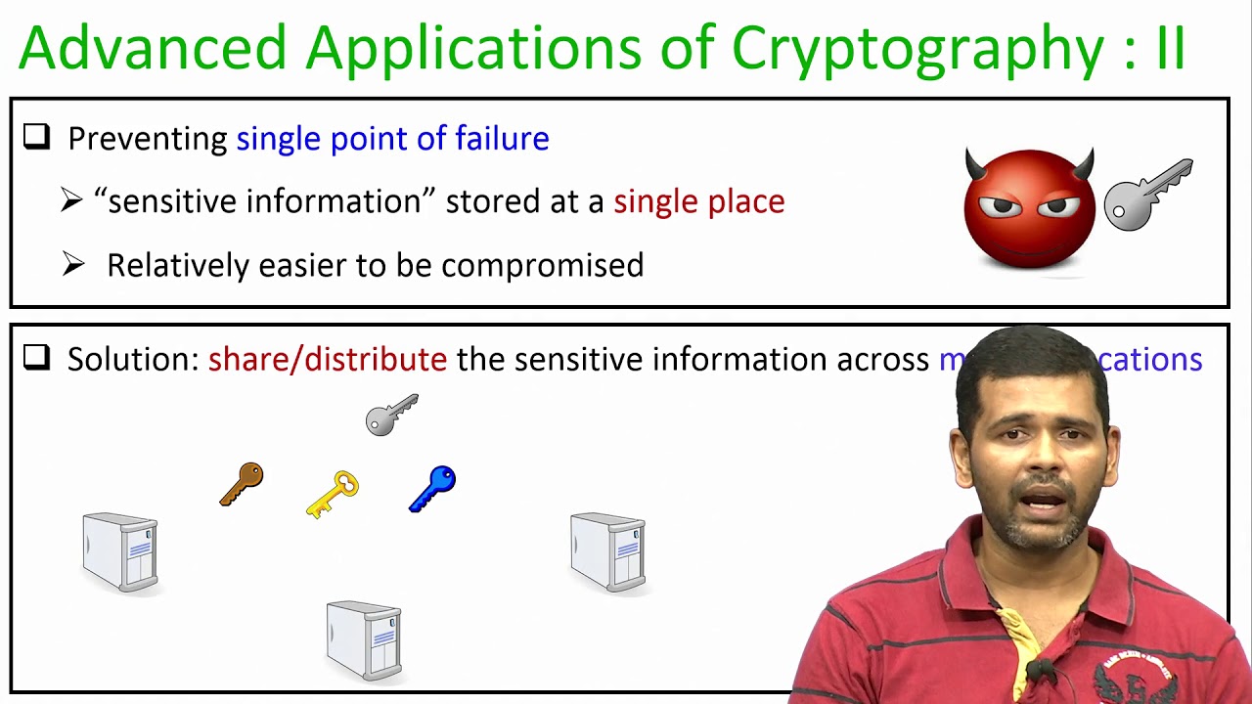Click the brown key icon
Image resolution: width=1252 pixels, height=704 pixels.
click(x=242, y=484)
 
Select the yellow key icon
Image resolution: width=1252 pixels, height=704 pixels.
click(x=333, y=494)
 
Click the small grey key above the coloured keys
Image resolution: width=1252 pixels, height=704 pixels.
click(x=392, y=415)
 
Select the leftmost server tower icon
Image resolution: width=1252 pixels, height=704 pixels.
click(x=120, y=552)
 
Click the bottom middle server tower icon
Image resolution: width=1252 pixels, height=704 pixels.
click(x=364, y=640)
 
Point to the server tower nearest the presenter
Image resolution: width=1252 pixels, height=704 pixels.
click(x=607, y=552)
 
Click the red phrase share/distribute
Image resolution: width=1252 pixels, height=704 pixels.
click(x=327, y=359)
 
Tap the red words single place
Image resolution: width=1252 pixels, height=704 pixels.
click(x=698, y=201)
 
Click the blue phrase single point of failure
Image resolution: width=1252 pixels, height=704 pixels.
click(x=392, y=139)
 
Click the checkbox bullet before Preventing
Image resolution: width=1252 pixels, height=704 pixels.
click(x=37, y=138)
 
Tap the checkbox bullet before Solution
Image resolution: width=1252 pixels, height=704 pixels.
click(x=37, y=359)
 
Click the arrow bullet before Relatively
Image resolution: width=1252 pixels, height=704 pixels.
click(x=73, y=265)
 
